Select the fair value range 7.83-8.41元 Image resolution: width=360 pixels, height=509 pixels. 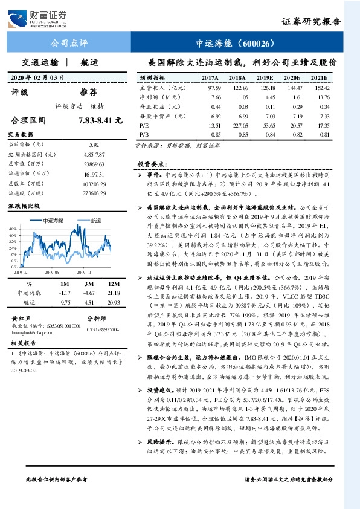pos(96,120)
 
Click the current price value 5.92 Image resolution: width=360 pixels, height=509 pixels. pos(94,145)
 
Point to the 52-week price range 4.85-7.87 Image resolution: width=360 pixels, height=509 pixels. pos(94,154)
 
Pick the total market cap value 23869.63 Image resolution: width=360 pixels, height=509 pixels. pos(94,164)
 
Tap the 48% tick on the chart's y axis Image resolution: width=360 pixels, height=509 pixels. pos(13,229)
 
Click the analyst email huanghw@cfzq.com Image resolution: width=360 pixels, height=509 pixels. pos(30,332)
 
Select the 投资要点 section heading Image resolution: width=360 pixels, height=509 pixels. pos(149,163)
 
